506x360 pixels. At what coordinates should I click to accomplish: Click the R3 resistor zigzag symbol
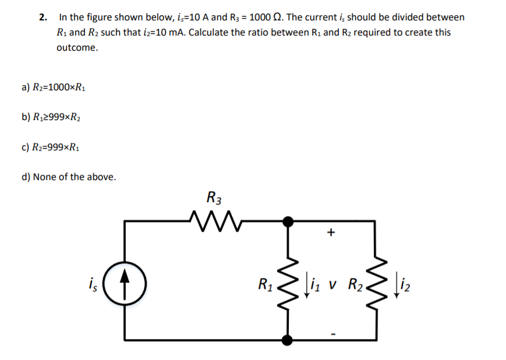[215, 221]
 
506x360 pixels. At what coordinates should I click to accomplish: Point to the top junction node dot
[287, 221]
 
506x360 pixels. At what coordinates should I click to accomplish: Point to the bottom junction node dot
[287, 339]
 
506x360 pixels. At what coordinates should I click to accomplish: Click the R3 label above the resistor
[214, 197]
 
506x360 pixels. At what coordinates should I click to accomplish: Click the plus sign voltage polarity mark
[331, 233]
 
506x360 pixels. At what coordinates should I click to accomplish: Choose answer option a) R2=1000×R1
[54, 87]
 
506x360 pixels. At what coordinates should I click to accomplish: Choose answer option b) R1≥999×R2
[54, 117]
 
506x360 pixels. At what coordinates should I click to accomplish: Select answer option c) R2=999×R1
[53, 147]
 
